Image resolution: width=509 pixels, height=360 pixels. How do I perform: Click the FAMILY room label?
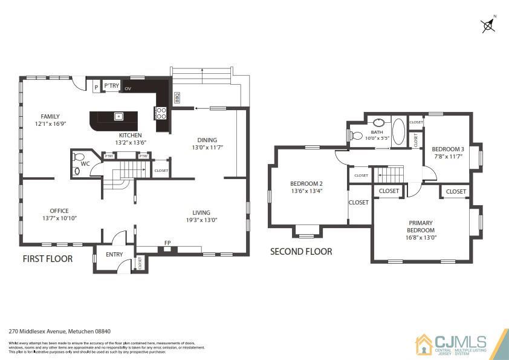tap(50, 116)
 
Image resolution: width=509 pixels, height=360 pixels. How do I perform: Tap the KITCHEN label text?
tap(130, 135)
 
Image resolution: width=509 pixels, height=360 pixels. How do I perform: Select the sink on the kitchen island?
tap(119, 116)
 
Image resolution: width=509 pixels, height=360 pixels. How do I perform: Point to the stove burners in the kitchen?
tap(162, 111)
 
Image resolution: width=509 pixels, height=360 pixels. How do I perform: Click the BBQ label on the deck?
tap(177, 97)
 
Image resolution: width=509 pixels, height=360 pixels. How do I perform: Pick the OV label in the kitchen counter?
tap(128, 89)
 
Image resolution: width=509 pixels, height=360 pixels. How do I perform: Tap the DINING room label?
tap(207, 140)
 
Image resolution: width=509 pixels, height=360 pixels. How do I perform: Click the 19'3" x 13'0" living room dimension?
tap(201, 220)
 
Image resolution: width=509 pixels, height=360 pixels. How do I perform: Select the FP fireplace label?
tap(167, 243)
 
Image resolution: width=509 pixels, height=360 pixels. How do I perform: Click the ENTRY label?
tap(114, 255)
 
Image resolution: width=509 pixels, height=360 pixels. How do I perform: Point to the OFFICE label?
tap(59, 211)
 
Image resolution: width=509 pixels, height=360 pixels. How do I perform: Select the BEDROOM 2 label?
tap(306, 184)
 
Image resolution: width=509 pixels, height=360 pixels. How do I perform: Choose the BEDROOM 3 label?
tap(447, 149)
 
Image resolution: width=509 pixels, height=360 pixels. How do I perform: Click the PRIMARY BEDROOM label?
tap(420, 226)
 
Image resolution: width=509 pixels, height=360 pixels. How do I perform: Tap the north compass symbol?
tap(488, 25)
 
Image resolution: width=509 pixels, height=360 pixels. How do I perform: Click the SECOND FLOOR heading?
tap(301, 251)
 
